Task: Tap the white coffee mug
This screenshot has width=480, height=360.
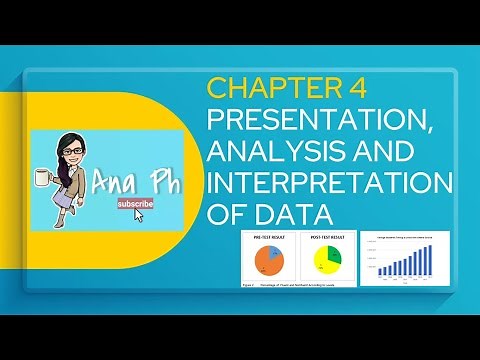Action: click(43, 178)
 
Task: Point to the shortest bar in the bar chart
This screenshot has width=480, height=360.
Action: click(381, 272)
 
